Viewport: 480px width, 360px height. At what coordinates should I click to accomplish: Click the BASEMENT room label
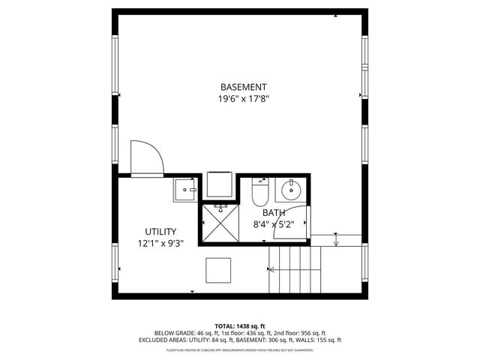pos(243,87)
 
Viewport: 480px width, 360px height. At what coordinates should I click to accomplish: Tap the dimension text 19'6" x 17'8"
pos(243,98)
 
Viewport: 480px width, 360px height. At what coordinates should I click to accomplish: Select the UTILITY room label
pos(160,232)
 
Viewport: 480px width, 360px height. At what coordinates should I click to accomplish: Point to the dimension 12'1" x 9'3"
pos(160,244)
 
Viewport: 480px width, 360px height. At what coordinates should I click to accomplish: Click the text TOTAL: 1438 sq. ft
pos(240,326)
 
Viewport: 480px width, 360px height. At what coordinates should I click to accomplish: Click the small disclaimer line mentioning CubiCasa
pos(240,349)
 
